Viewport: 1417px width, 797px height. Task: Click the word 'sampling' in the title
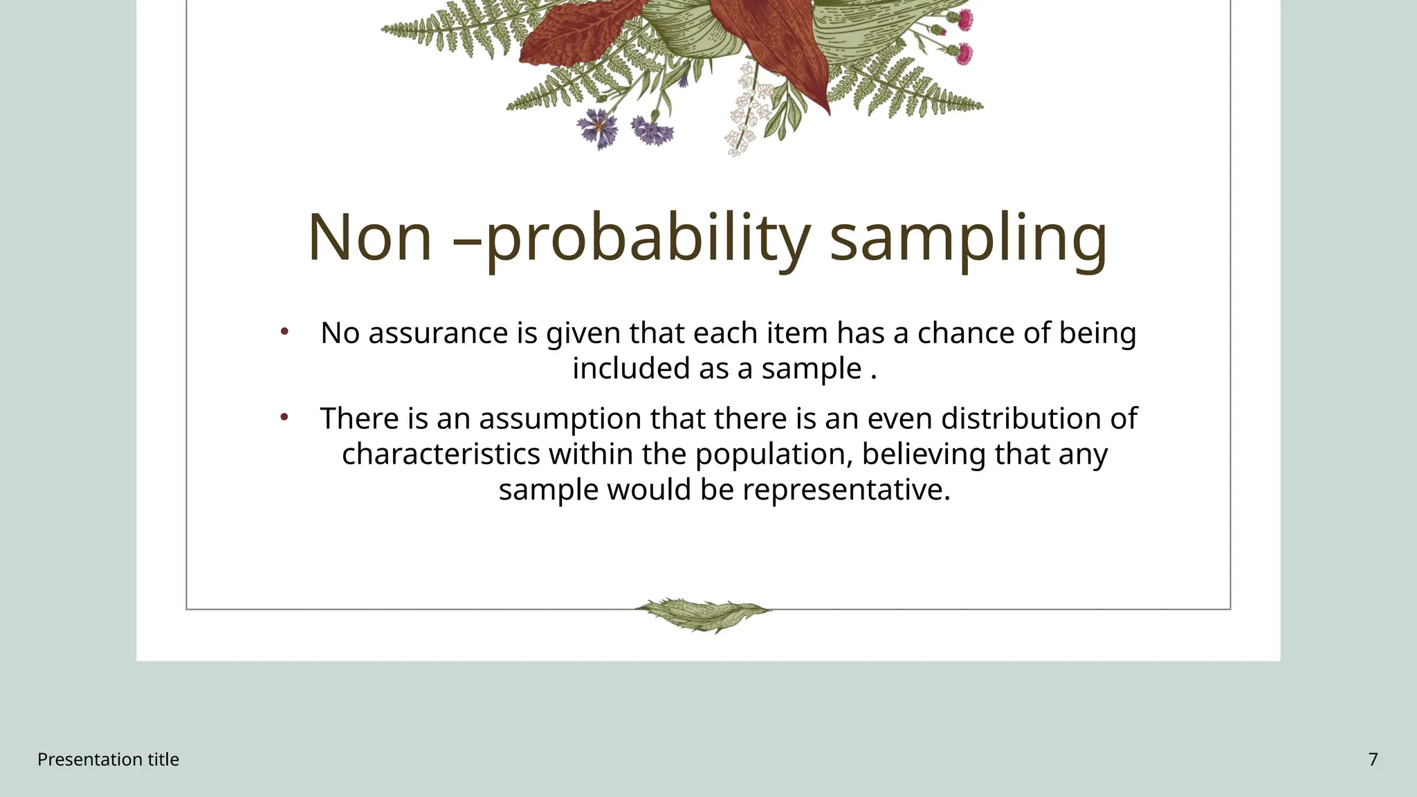click(968, 239)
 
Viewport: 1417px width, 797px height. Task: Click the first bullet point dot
click(284, 332)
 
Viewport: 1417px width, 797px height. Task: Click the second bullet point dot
click(284, 417)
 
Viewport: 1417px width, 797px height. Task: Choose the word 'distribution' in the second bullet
click(1021, 419)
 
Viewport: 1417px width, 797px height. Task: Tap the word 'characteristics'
click(441, 455)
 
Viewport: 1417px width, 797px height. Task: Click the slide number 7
click(1373, 760)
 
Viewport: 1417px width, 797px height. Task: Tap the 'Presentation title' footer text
click(108, 760)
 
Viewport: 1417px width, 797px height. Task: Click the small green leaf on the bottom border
click(702, 614)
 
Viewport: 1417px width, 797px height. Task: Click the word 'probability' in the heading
click(648, 239)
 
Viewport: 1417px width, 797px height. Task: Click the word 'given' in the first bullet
click(583, 333)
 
